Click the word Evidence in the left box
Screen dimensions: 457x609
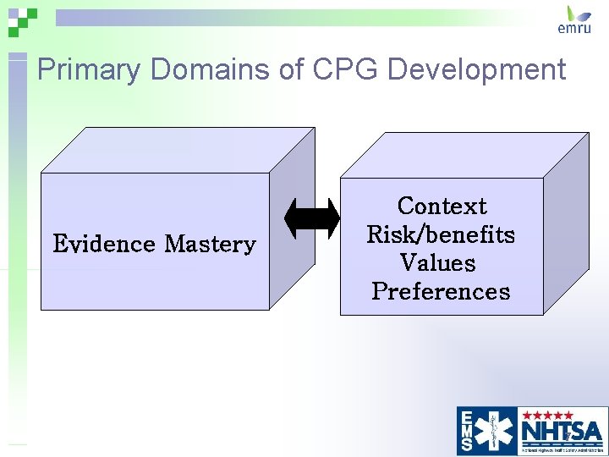pyautogui.click(x=104, y=245)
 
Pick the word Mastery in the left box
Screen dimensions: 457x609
pyautogui.click(x=210, y=245)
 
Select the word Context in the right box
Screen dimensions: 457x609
pyautogui.click(x=442, y=206)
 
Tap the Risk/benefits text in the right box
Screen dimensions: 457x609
pyautogui.click(x=441, y=234)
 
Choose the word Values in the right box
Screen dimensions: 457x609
pyautogui.click(x=438, y=262)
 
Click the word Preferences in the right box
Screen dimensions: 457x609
pyautogui.click(x=441, y=291)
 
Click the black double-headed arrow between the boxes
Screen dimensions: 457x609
pyautogui.click(x=312, y=218)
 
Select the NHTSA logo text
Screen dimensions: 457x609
pyautogui.click(x=562, y=431)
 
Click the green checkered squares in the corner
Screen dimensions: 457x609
pyautogui.click(x=22, y=19)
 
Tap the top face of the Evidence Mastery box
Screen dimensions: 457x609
pyautogui.click(x=178, y=150)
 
